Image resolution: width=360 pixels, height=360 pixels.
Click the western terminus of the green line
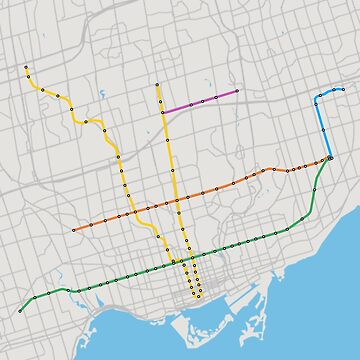point(20,311)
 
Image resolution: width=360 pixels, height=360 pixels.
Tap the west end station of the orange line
point(73,229)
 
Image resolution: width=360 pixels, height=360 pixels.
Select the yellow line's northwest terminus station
point(26,68)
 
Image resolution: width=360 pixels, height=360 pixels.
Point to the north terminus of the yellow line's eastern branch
point(158,85)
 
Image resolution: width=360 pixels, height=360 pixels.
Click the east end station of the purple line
point(237,91)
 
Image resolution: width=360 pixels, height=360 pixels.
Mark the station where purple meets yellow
point(163,110)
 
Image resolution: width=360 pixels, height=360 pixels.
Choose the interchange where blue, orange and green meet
point(329,157)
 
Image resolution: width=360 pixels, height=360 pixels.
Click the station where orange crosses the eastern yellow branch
point(177,200)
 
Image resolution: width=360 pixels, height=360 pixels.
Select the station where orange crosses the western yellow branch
point(129,213)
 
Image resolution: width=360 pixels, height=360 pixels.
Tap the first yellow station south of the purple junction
point(165,124)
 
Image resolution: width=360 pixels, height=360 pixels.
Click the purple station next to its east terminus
point(216,97)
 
